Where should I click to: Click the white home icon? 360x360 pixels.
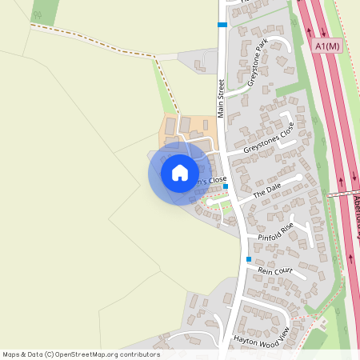pos(180,173)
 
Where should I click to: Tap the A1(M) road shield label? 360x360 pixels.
pos(328,47)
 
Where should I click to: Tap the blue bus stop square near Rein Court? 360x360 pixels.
pos(249,259)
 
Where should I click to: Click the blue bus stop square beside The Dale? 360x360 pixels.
pos(226,186)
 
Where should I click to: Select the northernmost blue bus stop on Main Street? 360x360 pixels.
pos(222,25)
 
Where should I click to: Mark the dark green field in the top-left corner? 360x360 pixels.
pos(46,11)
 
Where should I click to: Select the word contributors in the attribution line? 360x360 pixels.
pos(136,354)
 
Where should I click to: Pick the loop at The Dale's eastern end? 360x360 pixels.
pos(299,176)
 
